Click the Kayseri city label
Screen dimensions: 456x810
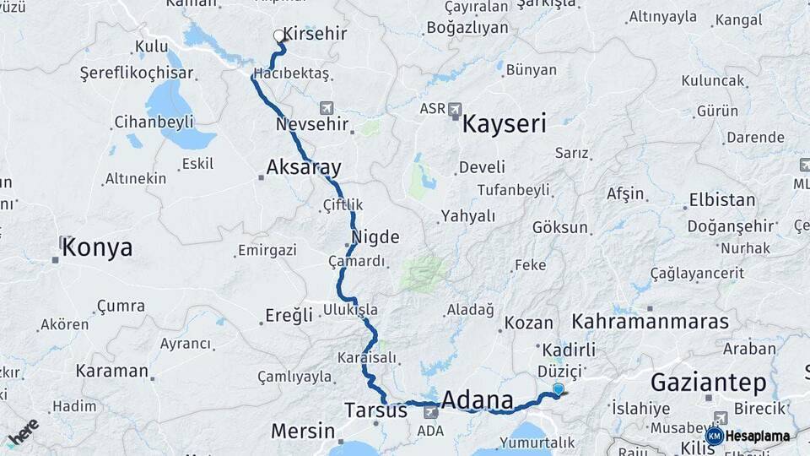point(504,124)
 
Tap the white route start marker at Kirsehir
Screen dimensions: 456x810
point(279,35)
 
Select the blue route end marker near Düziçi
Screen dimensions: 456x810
point(558,388)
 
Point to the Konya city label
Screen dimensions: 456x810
point(97,247)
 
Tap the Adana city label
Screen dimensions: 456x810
point(477,399)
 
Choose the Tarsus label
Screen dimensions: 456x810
point(375,410)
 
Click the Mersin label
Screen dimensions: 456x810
point(303,431)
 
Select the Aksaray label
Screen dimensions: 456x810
point(303,166)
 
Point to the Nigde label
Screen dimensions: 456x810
point(375,236)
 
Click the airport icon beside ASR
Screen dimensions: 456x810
point(456,109)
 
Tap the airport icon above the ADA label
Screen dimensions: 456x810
point(431,412)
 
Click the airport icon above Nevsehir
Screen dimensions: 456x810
point(327,108)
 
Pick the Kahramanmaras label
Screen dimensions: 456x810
point(650,322)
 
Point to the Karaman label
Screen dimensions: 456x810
point(111,370)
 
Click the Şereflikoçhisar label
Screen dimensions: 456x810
point(131,73)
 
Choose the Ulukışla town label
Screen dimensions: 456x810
point(350,310)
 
